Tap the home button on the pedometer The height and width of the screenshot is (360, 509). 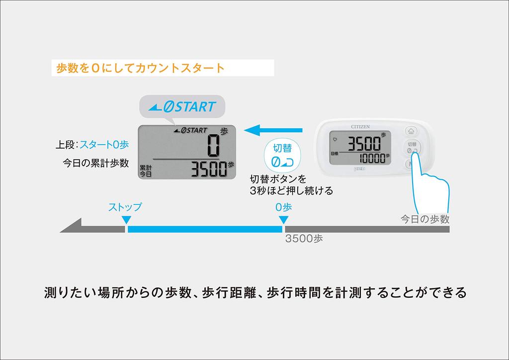[x=411, y=131]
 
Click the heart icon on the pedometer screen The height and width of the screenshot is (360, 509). [x=334, y=139]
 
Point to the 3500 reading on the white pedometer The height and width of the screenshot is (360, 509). [x=364, y=144]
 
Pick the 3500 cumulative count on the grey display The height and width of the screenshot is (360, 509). [x=209, y=170]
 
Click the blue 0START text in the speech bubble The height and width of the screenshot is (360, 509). [x=183, y=106]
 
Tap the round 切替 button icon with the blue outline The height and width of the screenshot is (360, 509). [x=282, y=155]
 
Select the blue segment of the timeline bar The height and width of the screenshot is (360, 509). [x=204, y=229]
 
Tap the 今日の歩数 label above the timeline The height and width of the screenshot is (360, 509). [x=425, y=219]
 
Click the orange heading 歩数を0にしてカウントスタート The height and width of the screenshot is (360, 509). [x=141, y=68]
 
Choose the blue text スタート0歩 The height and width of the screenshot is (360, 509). [x=104, y=145]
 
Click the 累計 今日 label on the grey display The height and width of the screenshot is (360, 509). [x=146, y=171]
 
